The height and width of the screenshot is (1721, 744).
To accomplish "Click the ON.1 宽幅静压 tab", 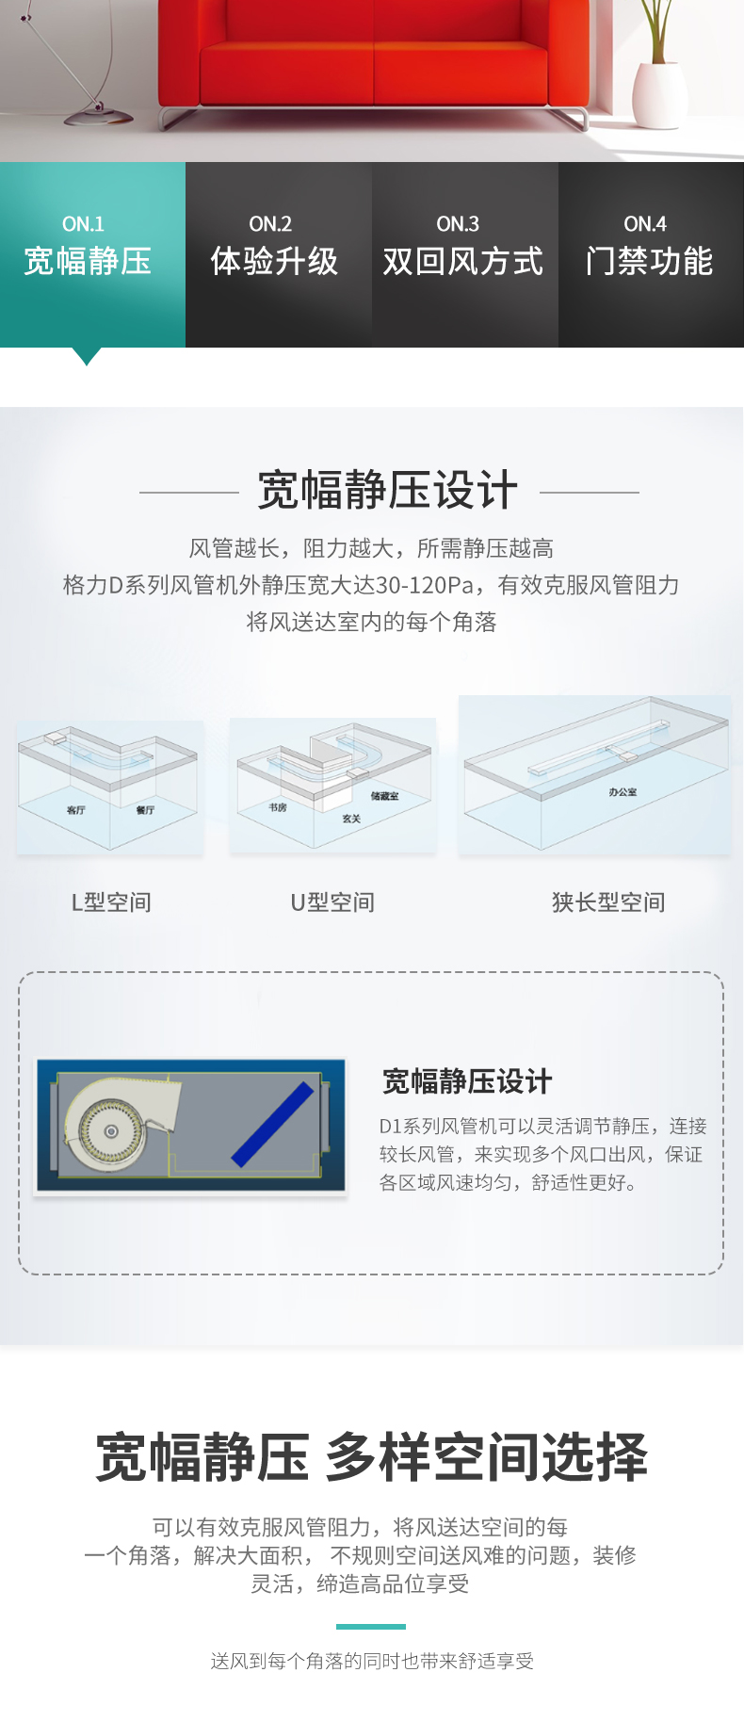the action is [x=92, y=254].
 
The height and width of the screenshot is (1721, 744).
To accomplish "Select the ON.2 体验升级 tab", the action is [x=278, y=254].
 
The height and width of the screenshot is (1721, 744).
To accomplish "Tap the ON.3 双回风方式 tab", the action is [x=465, y=254].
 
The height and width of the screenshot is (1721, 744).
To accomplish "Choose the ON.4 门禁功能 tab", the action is [x=651, y=254].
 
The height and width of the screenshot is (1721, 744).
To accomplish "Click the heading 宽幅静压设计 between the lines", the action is [x=388, y=491].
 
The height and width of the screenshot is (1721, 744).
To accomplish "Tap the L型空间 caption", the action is [x=111, y=902].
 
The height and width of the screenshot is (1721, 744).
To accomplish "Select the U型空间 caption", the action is [x=332, y=902].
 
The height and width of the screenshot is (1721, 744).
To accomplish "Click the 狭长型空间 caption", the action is [x=608, y=902].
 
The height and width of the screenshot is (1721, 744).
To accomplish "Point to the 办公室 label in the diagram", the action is [x=623, y=792].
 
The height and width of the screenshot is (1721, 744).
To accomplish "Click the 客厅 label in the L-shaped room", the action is [x=76, y=810].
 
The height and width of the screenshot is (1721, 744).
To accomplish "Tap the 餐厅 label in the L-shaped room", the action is [x=145, y=810].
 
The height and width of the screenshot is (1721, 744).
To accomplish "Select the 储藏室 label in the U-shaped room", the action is [x=384, y=796].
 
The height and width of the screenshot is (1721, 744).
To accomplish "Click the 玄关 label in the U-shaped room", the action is [x=351, y=819].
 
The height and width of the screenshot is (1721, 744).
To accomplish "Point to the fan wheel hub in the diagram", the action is [x=112, y=1130].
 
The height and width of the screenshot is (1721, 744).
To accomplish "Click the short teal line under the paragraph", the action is [x=371, y=1626].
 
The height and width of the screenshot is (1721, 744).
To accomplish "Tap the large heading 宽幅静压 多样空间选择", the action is [x=372, y=1456].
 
